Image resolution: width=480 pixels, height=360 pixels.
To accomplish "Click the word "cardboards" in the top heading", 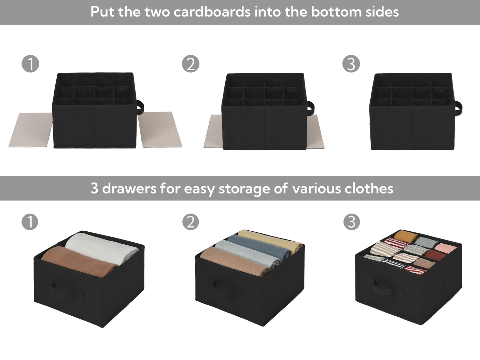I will click(212, 12).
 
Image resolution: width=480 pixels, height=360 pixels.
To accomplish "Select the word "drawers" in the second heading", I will click(129, 188).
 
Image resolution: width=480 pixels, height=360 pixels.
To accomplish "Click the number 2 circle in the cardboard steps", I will click(190, 64).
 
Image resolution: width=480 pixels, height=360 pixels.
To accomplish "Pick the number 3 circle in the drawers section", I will click(351, 222).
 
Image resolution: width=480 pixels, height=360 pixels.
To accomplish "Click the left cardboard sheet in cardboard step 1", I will click(31, 130).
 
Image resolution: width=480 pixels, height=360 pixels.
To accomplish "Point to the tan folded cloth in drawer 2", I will click(236, 261).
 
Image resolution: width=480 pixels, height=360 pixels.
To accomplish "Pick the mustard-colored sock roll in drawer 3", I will click(406, 236).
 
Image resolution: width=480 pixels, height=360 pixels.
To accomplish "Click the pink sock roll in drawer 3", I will click(446, 248).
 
